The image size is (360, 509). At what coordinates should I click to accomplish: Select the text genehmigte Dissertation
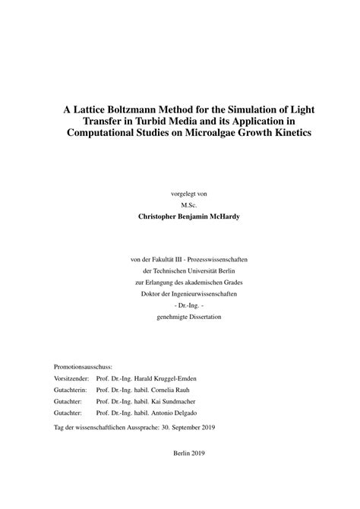tap(189, 315)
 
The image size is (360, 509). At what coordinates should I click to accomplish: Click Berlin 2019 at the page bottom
tap(189, 473)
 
